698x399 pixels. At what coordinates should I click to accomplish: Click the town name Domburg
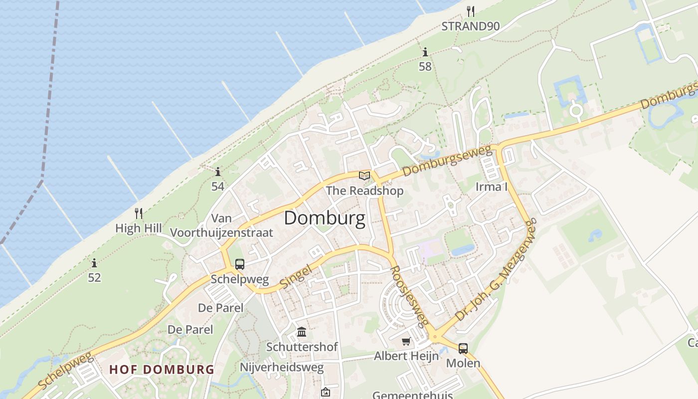pyautogui.click(x=325, y=218)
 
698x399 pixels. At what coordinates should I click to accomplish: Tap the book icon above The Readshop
pyautogui.click(x=364, y=176)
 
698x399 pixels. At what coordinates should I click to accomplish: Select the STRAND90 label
pyautogui.click(x=471, y=26)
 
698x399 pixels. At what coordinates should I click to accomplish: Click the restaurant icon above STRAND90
pyautogui.click(x=470, y=10)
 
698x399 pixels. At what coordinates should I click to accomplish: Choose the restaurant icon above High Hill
pyautogui.click(x=139, y=213)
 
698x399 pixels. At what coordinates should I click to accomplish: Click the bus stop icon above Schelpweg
pyautogui.click(x=240, y=264)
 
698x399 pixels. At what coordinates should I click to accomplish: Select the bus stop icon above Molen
pyautogui.click(x=463, y=348)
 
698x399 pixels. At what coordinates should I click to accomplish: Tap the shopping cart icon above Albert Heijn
pyautogui.click(x=406, y=342)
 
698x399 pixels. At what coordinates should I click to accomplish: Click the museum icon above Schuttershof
pyautogui.click(x=302, y=332)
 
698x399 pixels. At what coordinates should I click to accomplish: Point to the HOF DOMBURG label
pyautogui.click(x=162, y=370)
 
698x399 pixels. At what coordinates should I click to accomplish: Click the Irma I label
pyautogui.click(x=492, y=187)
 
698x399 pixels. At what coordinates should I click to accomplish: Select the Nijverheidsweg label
pyautogui.click(x=282, y=368)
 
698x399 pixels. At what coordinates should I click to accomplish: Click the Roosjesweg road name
pyautogui.click(x=409, y=295)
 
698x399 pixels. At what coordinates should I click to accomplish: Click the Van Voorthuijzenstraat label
pyautogui.click(x=222, y=225)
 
